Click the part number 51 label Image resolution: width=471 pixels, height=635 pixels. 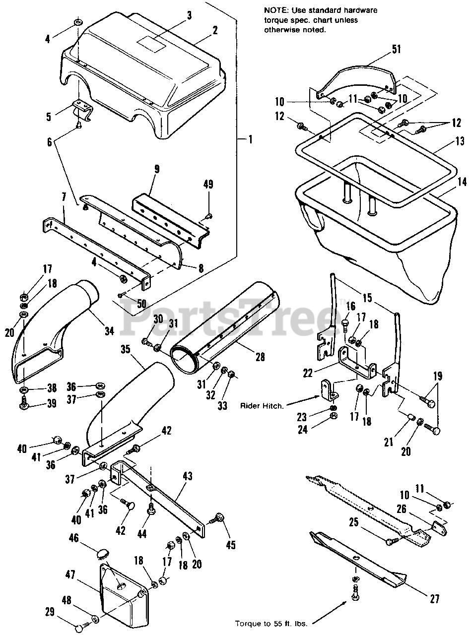point(396,49)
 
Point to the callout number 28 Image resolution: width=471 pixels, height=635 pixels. point(260,356)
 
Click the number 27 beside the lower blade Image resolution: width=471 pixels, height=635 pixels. point(435,599)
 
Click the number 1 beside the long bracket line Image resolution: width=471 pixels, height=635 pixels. point(251,140)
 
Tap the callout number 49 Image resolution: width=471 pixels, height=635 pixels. point(209,185)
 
